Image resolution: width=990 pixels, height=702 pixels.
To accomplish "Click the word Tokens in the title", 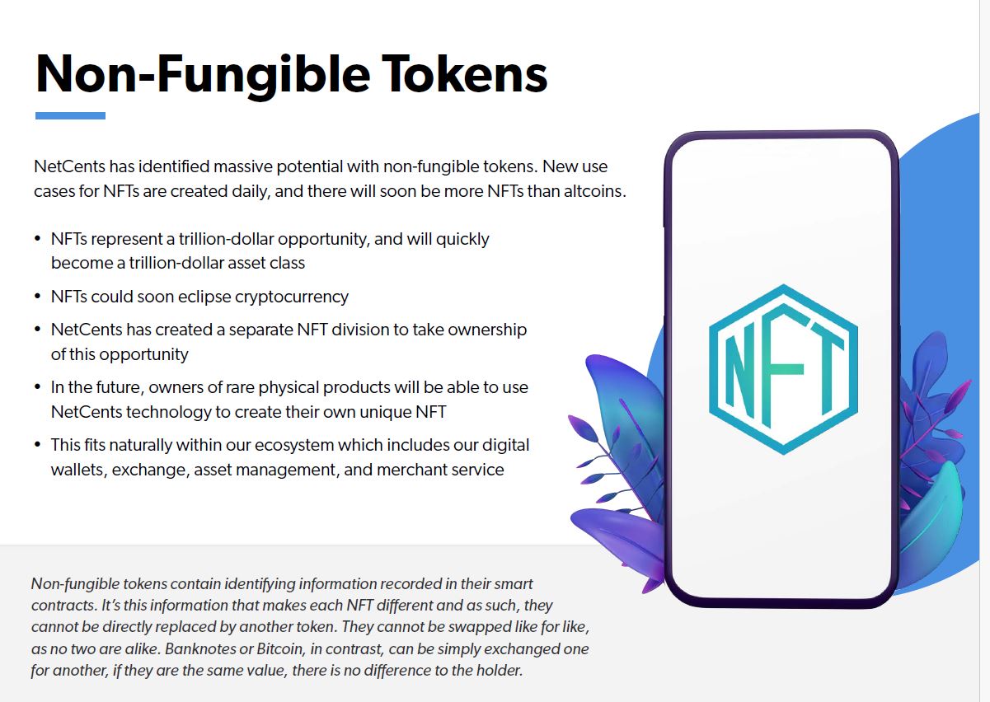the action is [465, 73].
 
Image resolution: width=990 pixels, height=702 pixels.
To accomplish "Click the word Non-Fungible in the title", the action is [203, 76].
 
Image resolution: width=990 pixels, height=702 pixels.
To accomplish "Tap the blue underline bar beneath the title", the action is [70, 115].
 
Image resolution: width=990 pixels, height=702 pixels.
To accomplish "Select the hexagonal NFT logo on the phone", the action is [783, 369].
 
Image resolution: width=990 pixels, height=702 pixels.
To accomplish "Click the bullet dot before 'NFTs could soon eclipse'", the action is [38, 296].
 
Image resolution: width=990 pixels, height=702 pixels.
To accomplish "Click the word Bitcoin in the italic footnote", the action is [279, 648].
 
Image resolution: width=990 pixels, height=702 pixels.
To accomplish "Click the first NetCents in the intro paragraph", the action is [69, 166].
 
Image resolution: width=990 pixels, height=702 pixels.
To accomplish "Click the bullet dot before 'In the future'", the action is [38, 387].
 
